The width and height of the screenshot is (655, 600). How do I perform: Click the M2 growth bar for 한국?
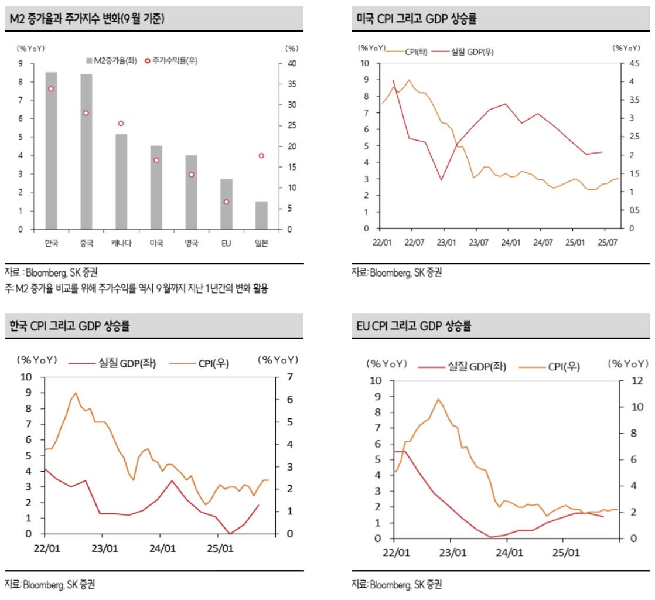(52, 151)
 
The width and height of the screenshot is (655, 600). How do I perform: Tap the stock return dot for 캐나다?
(121, 124)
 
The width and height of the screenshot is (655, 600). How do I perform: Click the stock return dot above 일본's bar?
(261, 156)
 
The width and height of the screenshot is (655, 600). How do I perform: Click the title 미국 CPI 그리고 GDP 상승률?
(417, 19)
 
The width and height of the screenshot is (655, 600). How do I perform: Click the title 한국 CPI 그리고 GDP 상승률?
(70, 326)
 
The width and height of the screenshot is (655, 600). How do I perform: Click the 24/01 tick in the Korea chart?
(162, 549)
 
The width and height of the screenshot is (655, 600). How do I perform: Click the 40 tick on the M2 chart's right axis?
(291, 63)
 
